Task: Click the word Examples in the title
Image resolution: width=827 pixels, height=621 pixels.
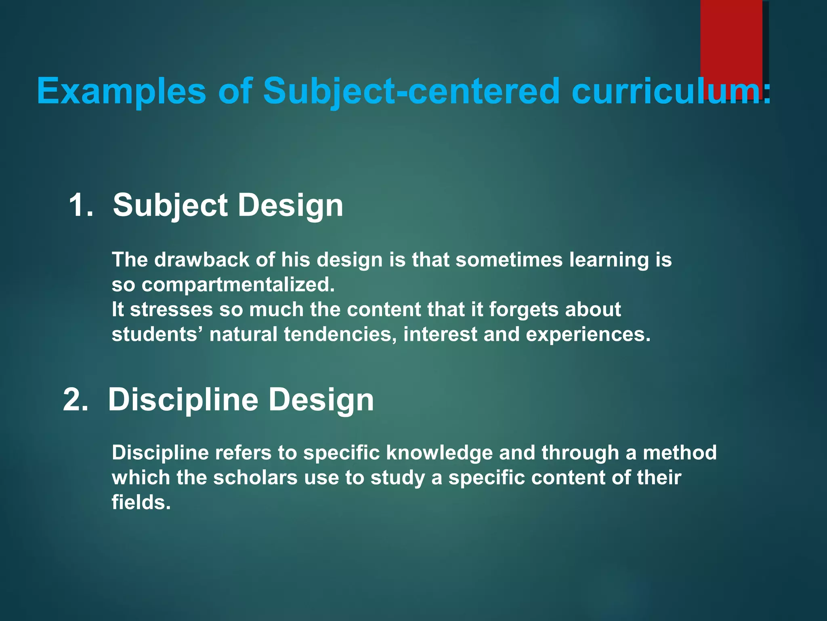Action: pyautogui.click(x=121, y=91)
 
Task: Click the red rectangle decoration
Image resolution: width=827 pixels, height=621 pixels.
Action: pyautogui.click(x=731, y=40)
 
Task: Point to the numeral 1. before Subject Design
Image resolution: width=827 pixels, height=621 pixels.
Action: pyautogui.click(x=81, y=205)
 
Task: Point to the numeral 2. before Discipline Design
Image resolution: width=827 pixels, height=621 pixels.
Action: pyautogui.click(x=76, y=399)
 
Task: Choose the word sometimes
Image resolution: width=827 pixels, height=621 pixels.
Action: pyautogui.click(x=509, y=260)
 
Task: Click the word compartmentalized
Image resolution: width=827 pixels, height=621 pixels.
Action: pyautogui.click(x=238, y=285)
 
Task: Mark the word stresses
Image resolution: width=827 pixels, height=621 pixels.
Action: pyautogui.click(x=171, y=310)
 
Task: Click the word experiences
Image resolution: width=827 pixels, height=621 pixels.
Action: pyautogui.click(x=588, y=335)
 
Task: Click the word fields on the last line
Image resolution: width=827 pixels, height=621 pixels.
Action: pyautogui.click(x=141, y=503)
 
